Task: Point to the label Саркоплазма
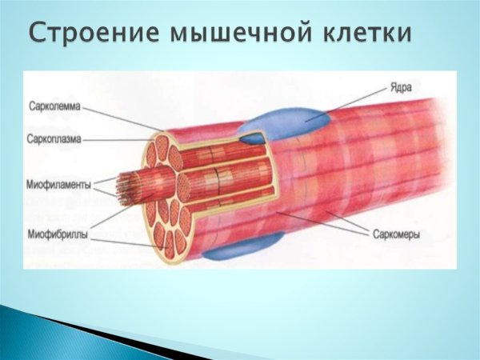pyautogui.click(x=54, y=139)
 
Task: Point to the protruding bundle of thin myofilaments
pyautogui.click(x=128, y=187)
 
